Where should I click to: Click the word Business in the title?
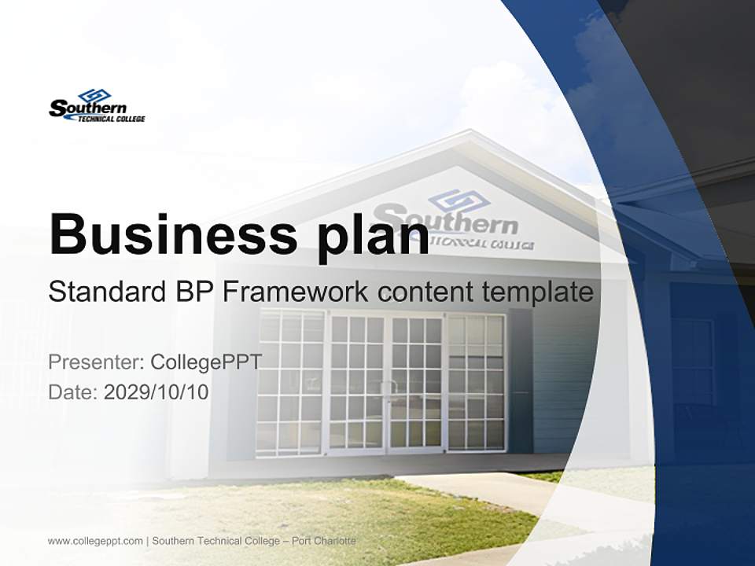(x=168, y=233)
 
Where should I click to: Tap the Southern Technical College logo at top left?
(x=97, y=105)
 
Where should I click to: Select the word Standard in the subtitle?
(x=105, y=292)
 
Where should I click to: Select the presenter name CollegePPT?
(x=206, y=362)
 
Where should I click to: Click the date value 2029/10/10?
(x=157, y=391)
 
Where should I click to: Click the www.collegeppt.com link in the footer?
(x=95, y=541)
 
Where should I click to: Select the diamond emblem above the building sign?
(x=459, y=198)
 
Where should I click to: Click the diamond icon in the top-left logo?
(x=94, y=95)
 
